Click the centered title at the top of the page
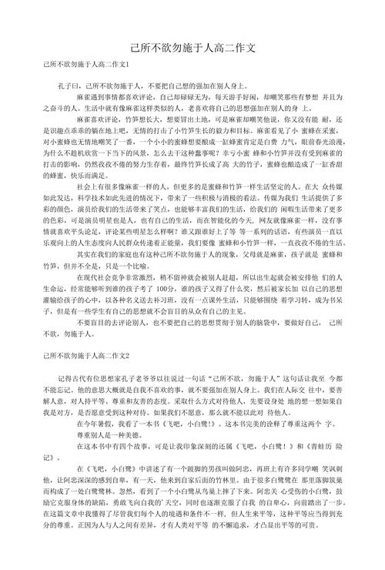192,48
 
